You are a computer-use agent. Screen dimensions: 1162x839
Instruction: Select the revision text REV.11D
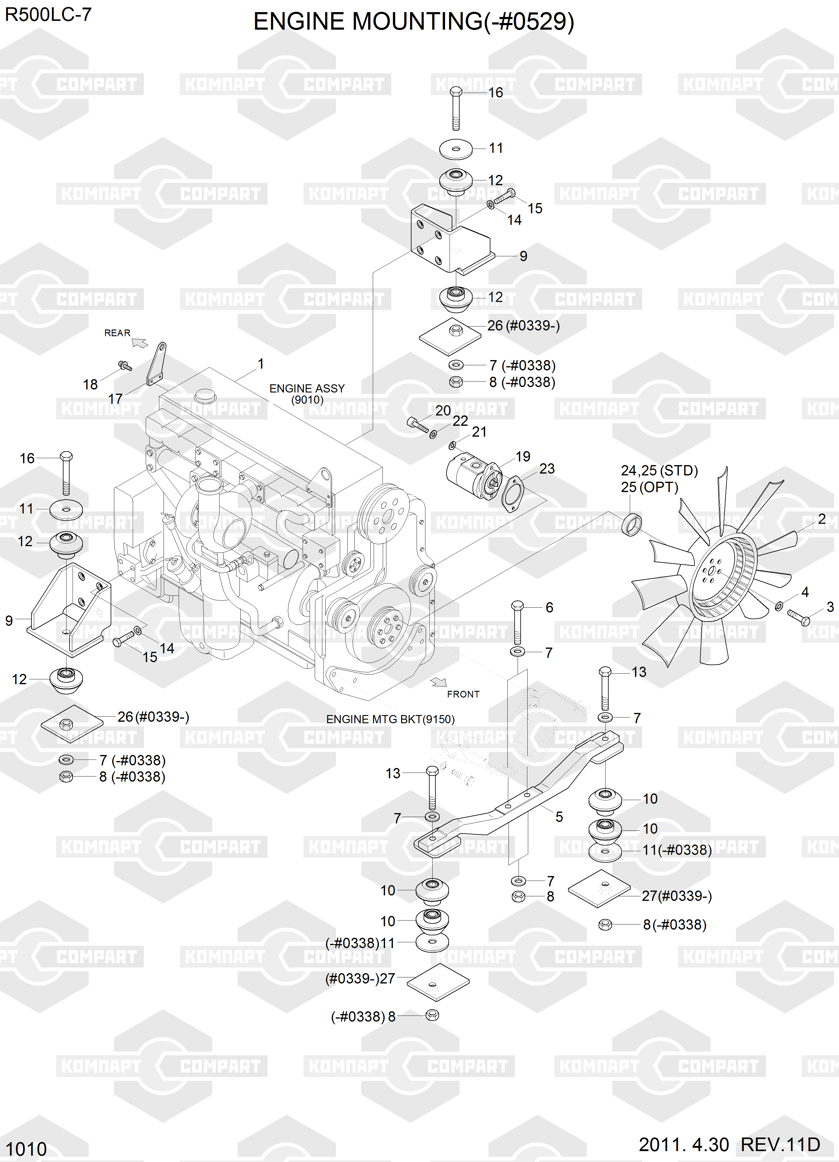pos(780,1144)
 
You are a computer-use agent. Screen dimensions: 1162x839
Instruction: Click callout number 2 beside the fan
pos(821,519)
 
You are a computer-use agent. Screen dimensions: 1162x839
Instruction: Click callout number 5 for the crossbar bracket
pos(559,817)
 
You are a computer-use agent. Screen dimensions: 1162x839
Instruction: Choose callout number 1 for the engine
pos(261,364)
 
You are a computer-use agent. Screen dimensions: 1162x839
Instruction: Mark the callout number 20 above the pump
pos(443,410)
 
